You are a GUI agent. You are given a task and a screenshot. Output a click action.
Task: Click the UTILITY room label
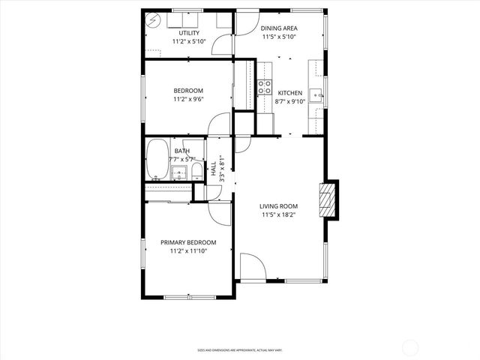pos(188,34)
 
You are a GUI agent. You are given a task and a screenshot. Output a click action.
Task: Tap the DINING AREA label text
pos(278,28)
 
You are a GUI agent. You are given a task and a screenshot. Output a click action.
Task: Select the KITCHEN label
pos(290,93)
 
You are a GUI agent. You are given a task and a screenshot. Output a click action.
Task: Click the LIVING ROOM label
pos(279,206)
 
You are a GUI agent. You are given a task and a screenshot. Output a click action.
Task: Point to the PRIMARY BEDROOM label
pos(188,242)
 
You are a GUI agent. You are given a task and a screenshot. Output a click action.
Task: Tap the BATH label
pos(182,151)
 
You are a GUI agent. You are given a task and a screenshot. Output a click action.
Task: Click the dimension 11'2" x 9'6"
pos(188,99)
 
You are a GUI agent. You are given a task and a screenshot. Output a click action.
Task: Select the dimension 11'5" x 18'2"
pos(279,215)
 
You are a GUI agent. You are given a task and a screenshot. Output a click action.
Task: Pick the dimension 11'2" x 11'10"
pos(188,251)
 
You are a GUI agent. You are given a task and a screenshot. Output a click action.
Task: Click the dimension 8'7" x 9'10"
pos(290,101)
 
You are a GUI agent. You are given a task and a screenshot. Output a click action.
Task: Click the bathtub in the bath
pos(157,160)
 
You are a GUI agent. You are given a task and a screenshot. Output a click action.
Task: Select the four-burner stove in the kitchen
pos(264,86)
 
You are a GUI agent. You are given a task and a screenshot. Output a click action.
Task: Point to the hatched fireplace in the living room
pos(326,199)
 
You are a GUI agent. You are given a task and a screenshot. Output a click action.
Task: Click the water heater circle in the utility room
pos(153,19)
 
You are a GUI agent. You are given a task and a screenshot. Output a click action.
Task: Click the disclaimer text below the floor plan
pos(239,349)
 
